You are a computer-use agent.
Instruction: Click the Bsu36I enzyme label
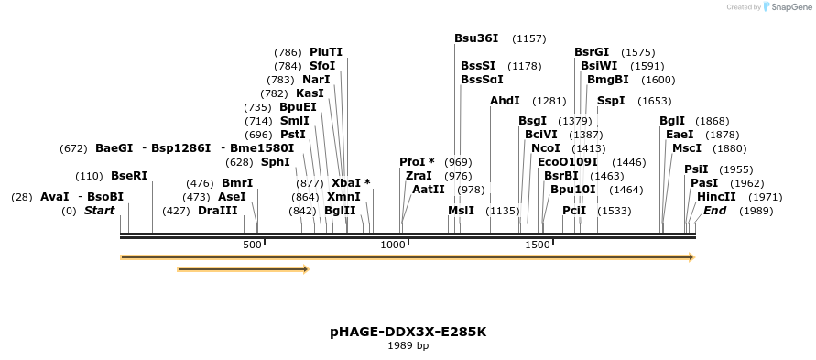pyautogui.click(x=476, y=38)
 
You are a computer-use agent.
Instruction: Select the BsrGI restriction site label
pyautogui.click(x=592, y=52)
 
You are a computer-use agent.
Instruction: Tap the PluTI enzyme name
pyautogui.click(x=326, y=52)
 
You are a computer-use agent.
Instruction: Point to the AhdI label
pyautogui.click(x=505, y=101)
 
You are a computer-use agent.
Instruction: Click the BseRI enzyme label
pyautogui.click(x=128, y=176)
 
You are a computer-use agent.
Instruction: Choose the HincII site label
pyautogui.click(x=716, y=197)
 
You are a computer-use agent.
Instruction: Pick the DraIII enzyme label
pyautogui.click(x=217, y=211)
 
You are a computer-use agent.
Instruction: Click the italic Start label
pyautogui.click(x=100, y=211)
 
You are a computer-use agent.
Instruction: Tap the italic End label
pyautogui.click(x=714, y=211)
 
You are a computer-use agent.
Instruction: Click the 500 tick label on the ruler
pyautogui.click(x=252, y=245)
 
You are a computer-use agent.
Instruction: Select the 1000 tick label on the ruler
pyautogui.click(x=393, y=245)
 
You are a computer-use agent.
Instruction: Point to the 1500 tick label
pyautogui.click(x=537, y=245)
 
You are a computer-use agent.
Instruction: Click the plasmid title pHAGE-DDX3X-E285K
pyautogui.click(x=408, y=332)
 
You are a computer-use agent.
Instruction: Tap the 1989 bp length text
pyautogui.click(x=408, y=346)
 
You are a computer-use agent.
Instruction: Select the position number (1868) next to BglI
pyautogui.click(x=712, y=121)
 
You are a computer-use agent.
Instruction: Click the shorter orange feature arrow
pyautogui.click(x=243, y=269)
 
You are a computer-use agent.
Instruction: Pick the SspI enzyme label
pyautogui.click(x=611, y=101)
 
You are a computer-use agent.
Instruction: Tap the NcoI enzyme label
pyautogui.click(x=545, y=148)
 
